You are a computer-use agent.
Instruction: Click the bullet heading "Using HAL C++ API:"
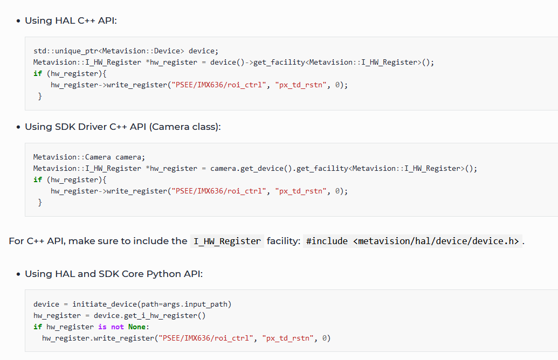(71, 21)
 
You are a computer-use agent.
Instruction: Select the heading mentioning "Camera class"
(122, 127)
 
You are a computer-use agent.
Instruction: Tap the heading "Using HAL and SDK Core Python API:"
(113, 274)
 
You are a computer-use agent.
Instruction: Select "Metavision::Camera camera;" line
(89, 157)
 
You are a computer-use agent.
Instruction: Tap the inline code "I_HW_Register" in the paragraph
(226, 241)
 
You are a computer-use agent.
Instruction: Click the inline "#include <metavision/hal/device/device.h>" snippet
(412, 241)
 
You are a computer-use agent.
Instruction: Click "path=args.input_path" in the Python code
(184, 304)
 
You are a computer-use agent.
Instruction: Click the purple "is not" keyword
(111, 327)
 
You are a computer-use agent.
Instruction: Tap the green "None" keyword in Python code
(136, 327)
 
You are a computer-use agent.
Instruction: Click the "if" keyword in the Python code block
(37, 327)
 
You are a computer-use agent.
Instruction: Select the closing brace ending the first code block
(40, 96)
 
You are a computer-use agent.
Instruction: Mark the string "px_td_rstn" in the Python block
(288, 338)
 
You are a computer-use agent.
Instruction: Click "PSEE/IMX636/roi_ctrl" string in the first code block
(219, 85)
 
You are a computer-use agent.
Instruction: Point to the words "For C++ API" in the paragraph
(35, 241)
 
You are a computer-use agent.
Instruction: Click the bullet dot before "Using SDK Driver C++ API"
(18, 127)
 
